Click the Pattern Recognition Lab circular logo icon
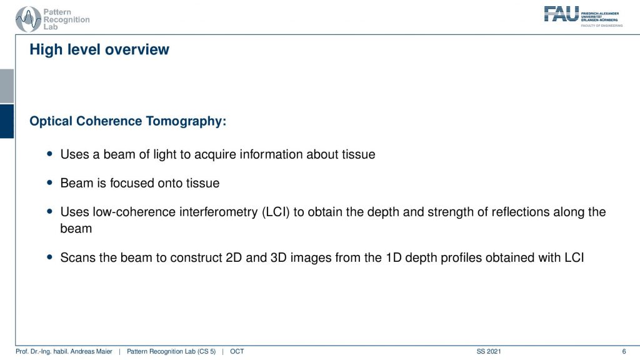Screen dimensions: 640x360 click(x=28, y=19)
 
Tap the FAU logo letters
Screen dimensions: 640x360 click(x=561, y=14)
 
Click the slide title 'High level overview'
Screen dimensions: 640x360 click(x=99, y=49)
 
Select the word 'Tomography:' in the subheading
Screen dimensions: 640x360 click(x=186, y=121)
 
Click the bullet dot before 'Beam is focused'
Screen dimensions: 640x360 click(x=50, y=183)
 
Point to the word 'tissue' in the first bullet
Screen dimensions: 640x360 click(x=358, y=154)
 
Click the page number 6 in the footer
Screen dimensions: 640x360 click(x=624, y=351)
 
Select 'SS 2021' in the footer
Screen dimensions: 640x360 click(x=489, y=351)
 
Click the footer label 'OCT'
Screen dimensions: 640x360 click(x=237, y=351)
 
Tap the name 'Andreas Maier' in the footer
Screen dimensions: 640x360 click(x=92, y=351)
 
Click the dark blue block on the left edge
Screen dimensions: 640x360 click(x=7, y=121)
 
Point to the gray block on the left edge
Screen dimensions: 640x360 click(x=7, y=86)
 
